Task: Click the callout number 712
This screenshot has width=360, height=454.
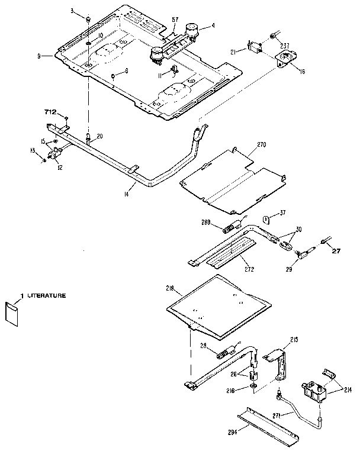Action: point(50,111)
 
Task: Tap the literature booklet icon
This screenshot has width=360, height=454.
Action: point(12,314)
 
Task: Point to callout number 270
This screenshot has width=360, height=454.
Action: point(262,145)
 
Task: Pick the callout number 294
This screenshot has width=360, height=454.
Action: point(232,433)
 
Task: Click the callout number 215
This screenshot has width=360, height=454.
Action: point(294,339)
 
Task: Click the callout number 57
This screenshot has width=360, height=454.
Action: point(175,20)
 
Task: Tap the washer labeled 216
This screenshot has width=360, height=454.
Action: point(253,388)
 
